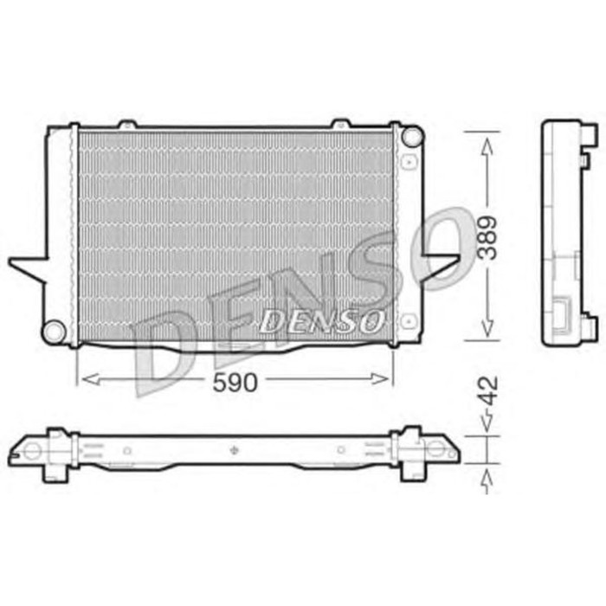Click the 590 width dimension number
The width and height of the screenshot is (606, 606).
point(235,382)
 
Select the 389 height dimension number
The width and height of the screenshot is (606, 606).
point(489,235)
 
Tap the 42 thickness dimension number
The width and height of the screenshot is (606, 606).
point(489,390)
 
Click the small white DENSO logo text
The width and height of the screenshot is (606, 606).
point(322,322)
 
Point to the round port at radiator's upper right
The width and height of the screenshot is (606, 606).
point(413,136)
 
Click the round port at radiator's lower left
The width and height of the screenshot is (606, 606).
point(54,329)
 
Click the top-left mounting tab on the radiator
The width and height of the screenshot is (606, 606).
point(127,125)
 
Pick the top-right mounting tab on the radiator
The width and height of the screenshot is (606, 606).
point(342,125)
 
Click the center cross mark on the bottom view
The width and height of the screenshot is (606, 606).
point(235,450)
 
